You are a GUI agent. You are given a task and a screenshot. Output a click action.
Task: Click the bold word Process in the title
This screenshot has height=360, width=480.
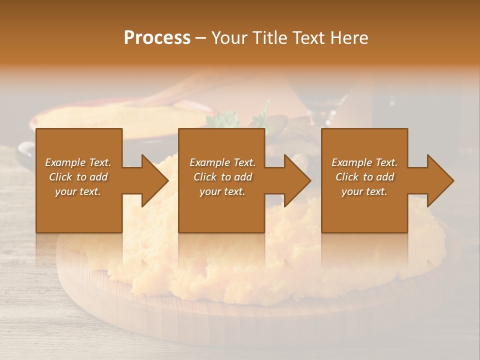click(157, 37)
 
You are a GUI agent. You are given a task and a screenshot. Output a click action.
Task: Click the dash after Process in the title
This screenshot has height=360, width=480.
click(200, 38)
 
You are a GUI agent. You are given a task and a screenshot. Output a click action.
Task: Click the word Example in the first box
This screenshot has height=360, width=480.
click(65, 162)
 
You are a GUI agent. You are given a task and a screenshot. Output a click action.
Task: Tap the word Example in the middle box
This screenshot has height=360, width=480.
click(209, 162)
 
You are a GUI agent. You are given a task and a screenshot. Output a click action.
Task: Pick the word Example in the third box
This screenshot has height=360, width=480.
click(351, 162)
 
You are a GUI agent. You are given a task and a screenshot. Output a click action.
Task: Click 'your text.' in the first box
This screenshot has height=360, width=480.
click(78, 191)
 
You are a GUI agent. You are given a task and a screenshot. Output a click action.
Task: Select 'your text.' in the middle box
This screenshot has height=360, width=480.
click(222, 191)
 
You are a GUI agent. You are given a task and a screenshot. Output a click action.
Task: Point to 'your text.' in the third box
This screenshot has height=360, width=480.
click(364, 191)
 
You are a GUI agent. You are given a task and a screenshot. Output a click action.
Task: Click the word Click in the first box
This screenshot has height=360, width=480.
click(60, 177)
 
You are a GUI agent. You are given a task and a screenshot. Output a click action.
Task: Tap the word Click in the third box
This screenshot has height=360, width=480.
click(347, 177)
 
